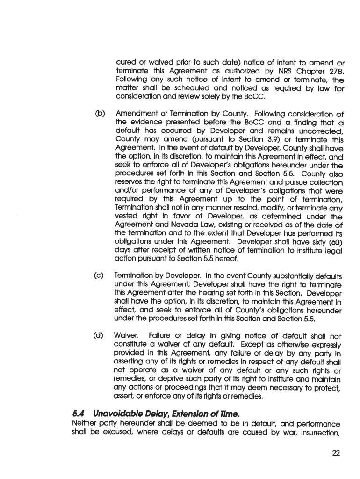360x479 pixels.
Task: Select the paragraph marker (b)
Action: point(100,114)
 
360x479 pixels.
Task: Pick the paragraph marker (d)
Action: point(100,335)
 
